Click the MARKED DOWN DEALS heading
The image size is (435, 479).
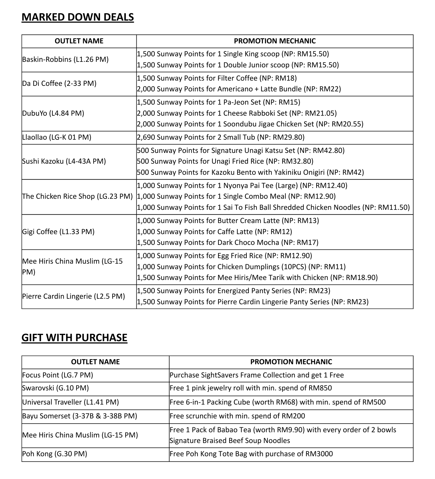tap(78, 17)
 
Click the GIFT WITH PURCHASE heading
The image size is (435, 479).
tap(74, 338)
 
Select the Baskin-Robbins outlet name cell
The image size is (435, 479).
tap(66, 59)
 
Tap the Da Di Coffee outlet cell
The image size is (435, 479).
tap(59, 83)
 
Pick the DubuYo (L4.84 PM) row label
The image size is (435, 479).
tap(53, 113)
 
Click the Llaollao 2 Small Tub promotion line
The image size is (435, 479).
tap(221, 137)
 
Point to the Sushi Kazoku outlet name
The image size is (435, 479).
tap(64, 161)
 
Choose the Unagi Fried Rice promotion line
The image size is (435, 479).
tap(225, 161)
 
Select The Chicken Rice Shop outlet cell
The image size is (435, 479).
tap(77, 196)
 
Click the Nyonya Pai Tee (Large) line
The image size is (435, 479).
tap(242, 186)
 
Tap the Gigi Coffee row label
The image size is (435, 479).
tap(58, 232)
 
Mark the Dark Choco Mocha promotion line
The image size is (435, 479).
tap(227, 242)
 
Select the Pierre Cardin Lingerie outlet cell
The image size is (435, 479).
tap(74, 296)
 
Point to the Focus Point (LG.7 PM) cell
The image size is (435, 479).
tap(58, 375)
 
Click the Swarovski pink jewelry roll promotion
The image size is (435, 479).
tap(251, 388)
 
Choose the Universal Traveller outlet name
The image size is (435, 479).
tap(70, 402)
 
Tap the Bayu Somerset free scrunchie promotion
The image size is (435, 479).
tap(237, 416)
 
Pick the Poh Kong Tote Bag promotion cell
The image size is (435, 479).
tap(251, 454)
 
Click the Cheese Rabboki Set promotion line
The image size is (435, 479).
tap(237, 113)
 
